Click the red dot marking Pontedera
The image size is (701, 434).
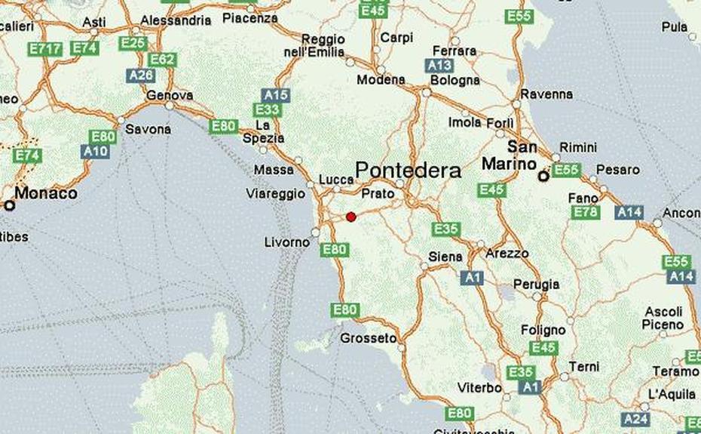(350, 217)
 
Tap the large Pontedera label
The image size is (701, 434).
(408, 171)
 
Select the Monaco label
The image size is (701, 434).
(45, 193)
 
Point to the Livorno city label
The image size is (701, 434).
(287, 242)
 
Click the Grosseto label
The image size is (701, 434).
(368, 338)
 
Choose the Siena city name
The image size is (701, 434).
(445, 257)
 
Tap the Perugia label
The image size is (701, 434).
(536, 285)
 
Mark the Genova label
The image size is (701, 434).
(170, 96)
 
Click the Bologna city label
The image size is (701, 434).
(455, 80)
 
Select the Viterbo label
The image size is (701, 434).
(479, 388)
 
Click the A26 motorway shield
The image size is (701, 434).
(141, 75)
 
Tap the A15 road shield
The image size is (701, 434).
(276, 95)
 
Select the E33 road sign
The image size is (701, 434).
(267, 110)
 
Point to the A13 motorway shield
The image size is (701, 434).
(439, 66)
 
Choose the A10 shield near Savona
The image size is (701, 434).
(96, 151)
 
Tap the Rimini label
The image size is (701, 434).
(578, 148)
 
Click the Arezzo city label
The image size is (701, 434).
(507, 254)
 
